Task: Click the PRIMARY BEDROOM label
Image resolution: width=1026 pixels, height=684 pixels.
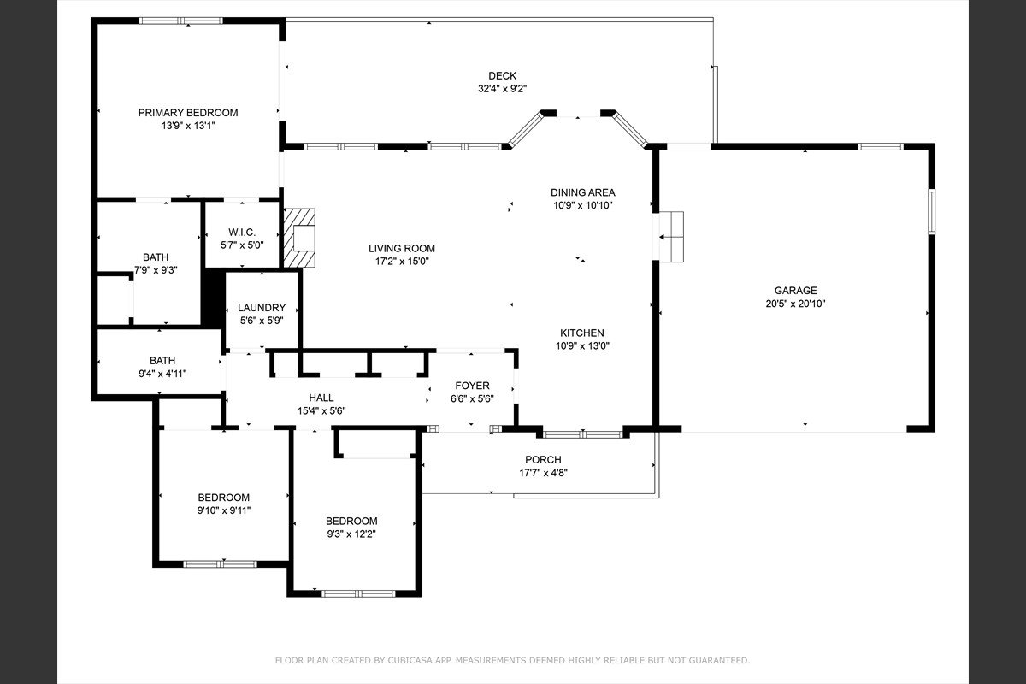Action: click(188, 113)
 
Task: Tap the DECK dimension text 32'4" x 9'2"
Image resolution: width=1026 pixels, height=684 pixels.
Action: click(503, 89)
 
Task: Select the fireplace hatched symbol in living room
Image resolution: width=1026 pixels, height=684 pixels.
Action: click(299, 238)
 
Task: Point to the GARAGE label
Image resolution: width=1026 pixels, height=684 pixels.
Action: click(796, 291)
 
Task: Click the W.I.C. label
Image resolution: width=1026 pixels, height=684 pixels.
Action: click(242, 233)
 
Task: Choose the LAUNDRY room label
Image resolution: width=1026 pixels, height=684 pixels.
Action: click(262, 308)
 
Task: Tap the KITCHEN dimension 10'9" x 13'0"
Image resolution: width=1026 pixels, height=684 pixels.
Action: click(582, 346)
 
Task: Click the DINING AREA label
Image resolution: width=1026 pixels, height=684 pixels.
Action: click(582, 192)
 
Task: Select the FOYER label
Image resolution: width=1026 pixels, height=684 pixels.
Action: click(472, 386)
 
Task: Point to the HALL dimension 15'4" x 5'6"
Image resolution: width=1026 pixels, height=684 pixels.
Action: click(321, 411)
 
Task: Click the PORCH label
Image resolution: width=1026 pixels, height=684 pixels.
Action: click(543, 459)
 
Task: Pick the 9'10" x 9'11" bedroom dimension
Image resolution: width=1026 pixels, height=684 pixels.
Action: click(224, 510)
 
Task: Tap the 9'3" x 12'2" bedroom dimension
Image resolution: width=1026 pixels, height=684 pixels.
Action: click(351, 534)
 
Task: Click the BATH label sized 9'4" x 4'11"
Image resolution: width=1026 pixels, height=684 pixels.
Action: click(162, 361)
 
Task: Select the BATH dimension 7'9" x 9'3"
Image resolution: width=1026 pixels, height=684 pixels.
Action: click(156, 270)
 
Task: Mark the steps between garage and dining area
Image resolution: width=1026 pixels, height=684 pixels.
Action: click(671, 237)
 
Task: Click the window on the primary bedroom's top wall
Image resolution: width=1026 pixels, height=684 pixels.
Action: click(181, 21)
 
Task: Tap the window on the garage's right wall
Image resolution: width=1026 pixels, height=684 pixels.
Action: click(932, 212)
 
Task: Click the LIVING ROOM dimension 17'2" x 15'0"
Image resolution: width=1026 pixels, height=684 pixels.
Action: click(402, 262)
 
